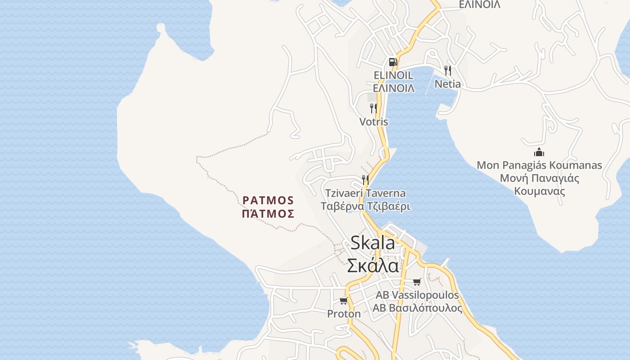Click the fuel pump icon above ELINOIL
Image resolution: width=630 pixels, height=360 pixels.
coord(393,62)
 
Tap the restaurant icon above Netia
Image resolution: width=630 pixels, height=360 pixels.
coord(447,71)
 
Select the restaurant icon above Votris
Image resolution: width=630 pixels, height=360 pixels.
coord(373,108)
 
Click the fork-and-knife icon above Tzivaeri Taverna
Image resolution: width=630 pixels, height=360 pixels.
coord(365,180)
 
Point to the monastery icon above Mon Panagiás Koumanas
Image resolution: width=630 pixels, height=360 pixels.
coord(539,152)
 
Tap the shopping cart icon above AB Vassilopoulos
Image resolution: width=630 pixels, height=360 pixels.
coord(417,282)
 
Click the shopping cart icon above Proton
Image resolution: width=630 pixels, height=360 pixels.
coord(344,301)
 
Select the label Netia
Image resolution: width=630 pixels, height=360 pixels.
coord(447,84)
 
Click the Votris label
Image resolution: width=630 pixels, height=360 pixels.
coord(373,122)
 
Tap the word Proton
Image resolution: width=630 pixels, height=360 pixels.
coord(344,314)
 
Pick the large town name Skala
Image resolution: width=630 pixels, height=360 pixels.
coord(373,243)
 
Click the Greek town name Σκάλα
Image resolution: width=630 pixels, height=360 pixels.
coord(373,265)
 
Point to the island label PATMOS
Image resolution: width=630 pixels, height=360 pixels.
coord(268,200)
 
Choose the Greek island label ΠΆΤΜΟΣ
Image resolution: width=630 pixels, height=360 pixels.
coord(268,214)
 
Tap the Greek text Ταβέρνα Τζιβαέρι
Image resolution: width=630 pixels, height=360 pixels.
coord(365,207)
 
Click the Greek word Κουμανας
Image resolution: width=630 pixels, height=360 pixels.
coord(539,191)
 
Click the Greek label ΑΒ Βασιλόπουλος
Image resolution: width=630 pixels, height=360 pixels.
coord(417,308)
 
